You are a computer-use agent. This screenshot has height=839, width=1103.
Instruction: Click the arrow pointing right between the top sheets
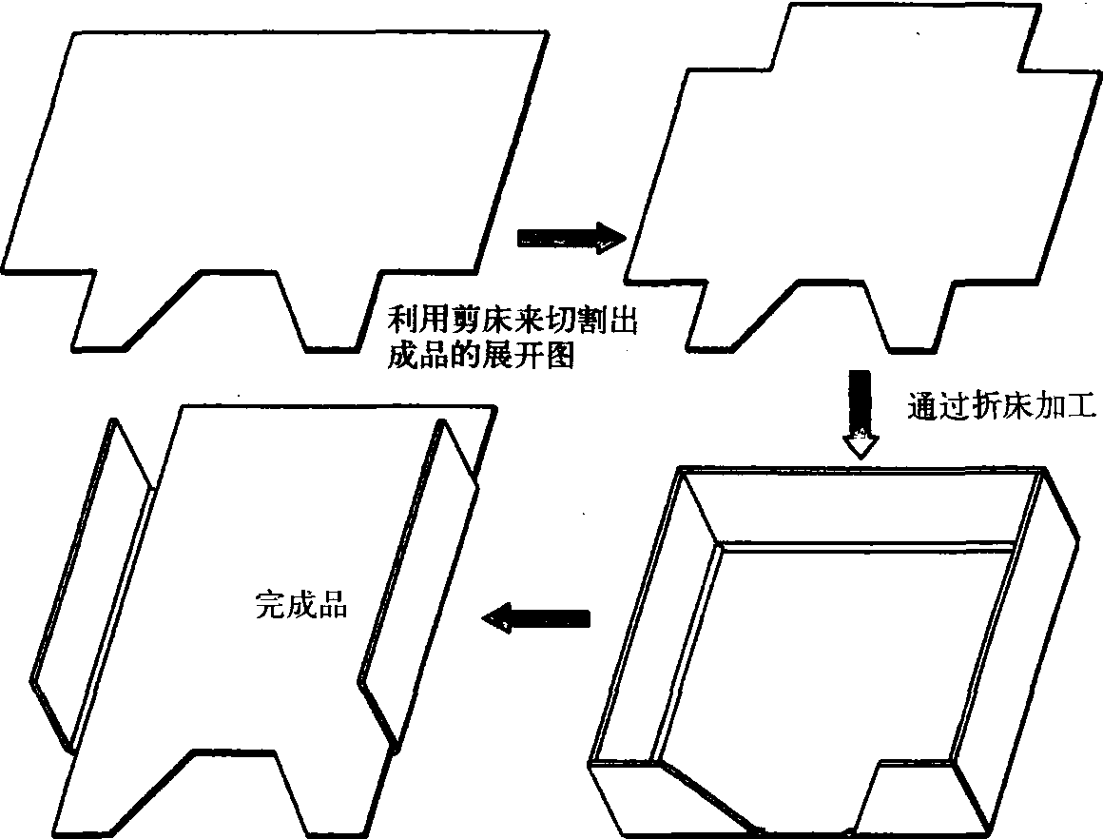click(571, 239)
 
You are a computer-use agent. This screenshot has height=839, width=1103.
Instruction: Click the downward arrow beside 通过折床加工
click(861, 415)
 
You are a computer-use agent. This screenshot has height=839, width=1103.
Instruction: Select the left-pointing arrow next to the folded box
click(535, 618)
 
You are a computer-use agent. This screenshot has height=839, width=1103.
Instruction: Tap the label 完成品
click(301, 605)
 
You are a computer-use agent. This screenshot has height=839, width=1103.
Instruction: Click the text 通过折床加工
click(1001, 407)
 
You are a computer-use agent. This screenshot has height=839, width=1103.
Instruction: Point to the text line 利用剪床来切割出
click(513, 322)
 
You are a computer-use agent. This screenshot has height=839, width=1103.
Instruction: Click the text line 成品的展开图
click(481, 357)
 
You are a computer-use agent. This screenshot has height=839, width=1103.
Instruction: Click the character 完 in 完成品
click(270, 605)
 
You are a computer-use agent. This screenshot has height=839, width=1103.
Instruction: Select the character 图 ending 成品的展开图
click(560, 357)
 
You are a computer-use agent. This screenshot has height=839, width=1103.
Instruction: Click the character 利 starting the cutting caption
click(403, 322)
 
